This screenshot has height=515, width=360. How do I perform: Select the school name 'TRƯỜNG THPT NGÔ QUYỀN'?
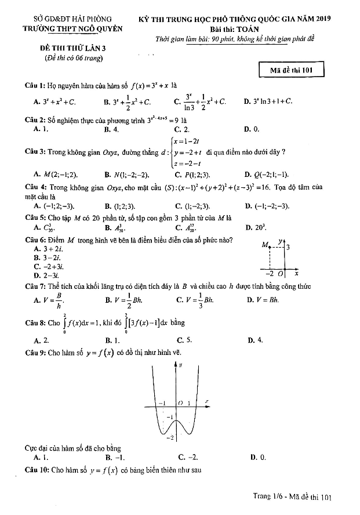pos(64,28)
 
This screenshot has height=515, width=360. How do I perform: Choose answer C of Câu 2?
pos(181,130)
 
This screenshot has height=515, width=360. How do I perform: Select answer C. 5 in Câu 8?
pos(184,340)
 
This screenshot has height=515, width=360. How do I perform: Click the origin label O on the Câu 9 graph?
pos(180,402)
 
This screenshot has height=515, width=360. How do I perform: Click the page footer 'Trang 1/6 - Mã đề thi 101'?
pos(292,497)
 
